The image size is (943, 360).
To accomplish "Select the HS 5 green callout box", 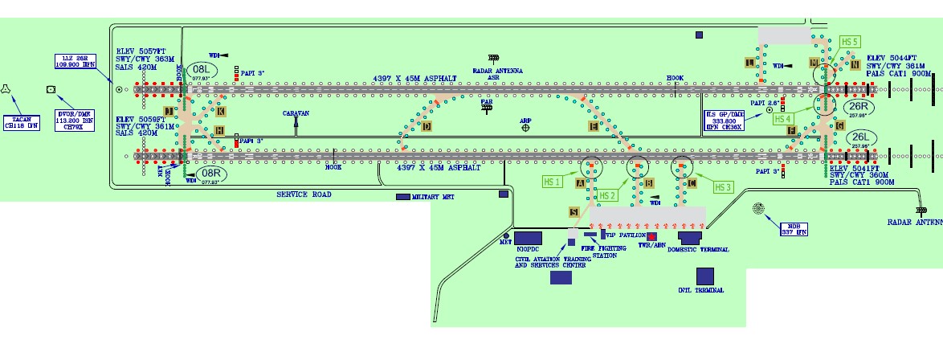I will [x=850, y=41].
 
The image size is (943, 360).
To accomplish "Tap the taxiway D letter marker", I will [x=427, y=126].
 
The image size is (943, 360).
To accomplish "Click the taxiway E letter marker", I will [x=594, y=126].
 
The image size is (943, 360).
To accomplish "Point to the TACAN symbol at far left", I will [x=6, y=91].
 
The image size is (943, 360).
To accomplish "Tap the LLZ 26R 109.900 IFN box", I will [x=78, y=61].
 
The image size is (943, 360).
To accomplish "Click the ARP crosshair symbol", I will [x=526, y=126].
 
